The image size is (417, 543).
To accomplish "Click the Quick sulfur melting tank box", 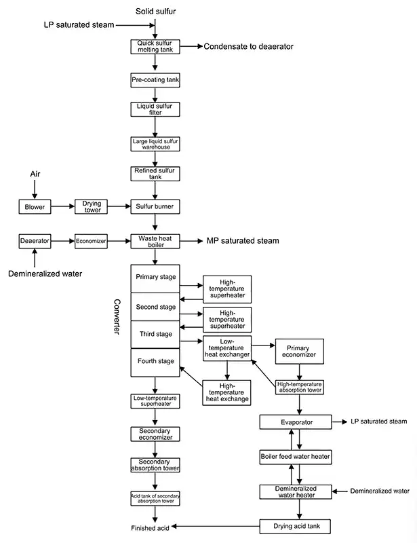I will pos(156,46).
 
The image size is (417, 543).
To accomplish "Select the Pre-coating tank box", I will pos(156,80).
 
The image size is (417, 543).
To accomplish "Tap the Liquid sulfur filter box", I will pos(156,109).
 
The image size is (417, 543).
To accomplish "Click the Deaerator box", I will pos(35,240).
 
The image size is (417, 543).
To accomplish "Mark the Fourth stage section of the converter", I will pos(156,361).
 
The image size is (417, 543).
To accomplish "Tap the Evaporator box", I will pos(296,422).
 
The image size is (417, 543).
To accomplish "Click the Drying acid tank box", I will pos(296,525).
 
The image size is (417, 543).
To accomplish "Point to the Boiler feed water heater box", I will pos(296,457).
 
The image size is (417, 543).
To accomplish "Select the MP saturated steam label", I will pos(243,240).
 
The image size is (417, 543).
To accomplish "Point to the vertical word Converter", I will pos(117,315).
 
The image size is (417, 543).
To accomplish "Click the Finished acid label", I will pos(150,527).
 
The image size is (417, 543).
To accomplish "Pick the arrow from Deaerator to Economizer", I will pos(63,240).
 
